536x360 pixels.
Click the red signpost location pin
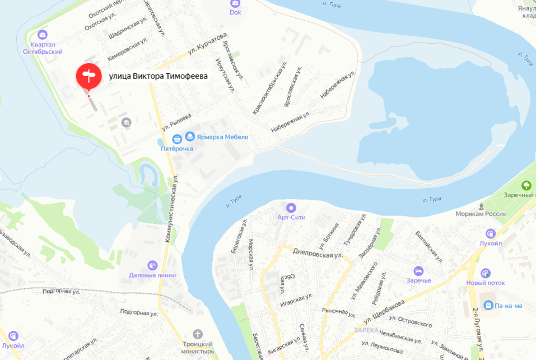(x=88, y=76)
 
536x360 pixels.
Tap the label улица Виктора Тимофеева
(x=158, y=77)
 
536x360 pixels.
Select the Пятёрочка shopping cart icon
(x=177, y=138)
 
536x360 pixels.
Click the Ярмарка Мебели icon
(x=190, y=136)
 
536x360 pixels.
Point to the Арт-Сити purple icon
(x=291, y=208)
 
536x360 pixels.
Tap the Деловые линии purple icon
(x=152, y=265)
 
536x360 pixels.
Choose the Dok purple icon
(x=235, y=3)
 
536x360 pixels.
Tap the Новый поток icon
(x=486, y=273)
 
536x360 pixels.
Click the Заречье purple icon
(x=418, y=271)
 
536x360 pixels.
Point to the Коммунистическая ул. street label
(x=171, y=207)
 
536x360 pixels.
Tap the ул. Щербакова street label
(x=384, y=312)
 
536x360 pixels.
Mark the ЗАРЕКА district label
(x=366, y=330)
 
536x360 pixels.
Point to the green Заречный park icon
(x=526, y=185)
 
